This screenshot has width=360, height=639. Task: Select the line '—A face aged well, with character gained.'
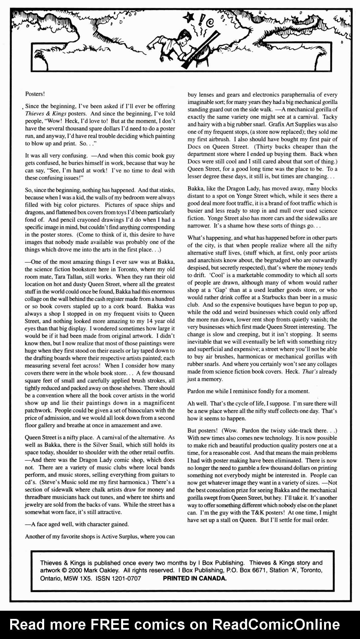77,524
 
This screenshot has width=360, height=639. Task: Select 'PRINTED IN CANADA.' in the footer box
195,578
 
